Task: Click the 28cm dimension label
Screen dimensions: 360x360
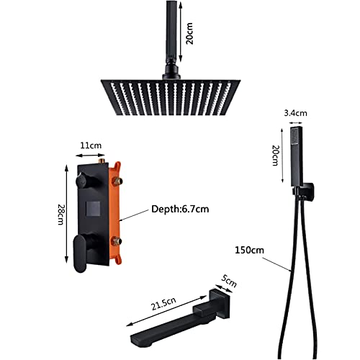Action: (60, 215)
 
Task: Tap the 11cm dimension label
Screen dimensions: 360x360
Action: (91, 145)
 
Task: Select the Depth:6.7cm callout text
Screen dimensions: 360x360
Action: (180, 209)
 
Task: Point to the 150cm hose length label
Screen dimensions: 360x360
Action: (249, 250)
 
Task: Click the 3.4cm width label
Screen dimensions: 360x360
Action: (295, 113)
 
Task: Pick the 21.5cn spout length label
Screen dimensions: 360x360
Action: (163, 304)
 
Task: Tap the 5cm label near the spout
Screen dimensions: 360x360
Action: (229, 282)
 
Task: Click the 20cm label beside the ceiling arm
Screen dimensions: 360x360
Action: (189, 33)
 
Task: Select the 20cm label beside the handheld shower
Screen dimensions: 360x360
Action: (276, 156)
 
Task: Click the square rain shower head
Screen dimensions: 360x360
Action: (171, 97)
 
